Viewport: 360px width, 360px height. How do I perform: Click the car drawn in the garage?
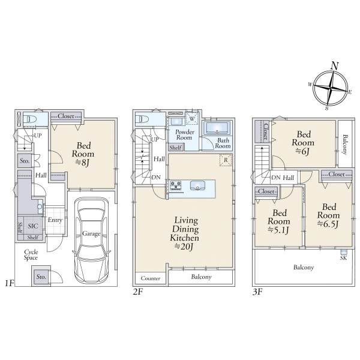[x=91, y=240]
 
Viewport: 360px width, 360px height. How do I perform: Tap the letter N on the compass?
[x=335, y=66]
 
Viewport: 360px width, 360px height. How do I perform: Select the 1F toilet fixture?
[x=29, y=119]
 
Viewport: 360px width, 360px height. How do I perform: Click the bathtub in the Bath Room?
[x=217, y=128]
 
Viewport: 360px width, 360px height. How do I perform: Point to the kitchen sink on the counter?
[x=197, y=185]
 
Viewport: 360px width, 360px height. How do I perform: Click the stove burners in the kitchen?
[x=176, y=185]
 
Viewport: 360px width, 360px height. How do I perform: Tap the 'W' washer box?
[x=192, y=118]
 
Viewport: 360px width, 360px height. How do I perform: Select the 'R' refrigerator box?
[x=226, y=160]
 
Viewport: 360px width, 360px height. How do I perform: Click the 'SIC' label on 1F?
[x=33, y=226]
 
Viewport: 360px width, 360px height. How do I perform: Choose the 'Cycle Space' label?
[x=31, y=255]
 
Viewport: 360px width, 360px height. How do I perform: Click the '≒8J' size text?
[x=82, y=163]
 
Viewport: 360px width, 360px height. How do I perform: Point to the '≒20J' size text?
[x=184, y=247]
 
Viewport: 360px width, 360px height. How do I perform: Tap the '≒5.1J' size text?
[x=278, y=230]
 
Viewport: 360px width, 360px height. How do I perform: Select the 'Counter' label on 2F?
[x=151, y=278]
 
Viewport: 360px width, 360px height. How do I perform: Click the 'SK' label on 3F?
[x=343, y=258]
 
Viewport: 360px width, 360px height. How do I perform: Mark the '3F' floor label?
[x=257, y=292]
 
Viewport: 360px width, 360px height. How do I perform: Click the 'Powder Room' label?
[x=184, y=135]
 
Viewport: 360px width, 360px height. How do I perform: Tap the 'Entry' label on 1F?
[x=55, y=220]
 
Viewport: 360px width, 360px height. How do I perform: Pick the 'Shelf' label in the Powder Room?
[x=175, y=148]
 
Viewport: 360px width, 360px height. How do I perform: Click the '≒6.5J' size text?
[x=328, y=224]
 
